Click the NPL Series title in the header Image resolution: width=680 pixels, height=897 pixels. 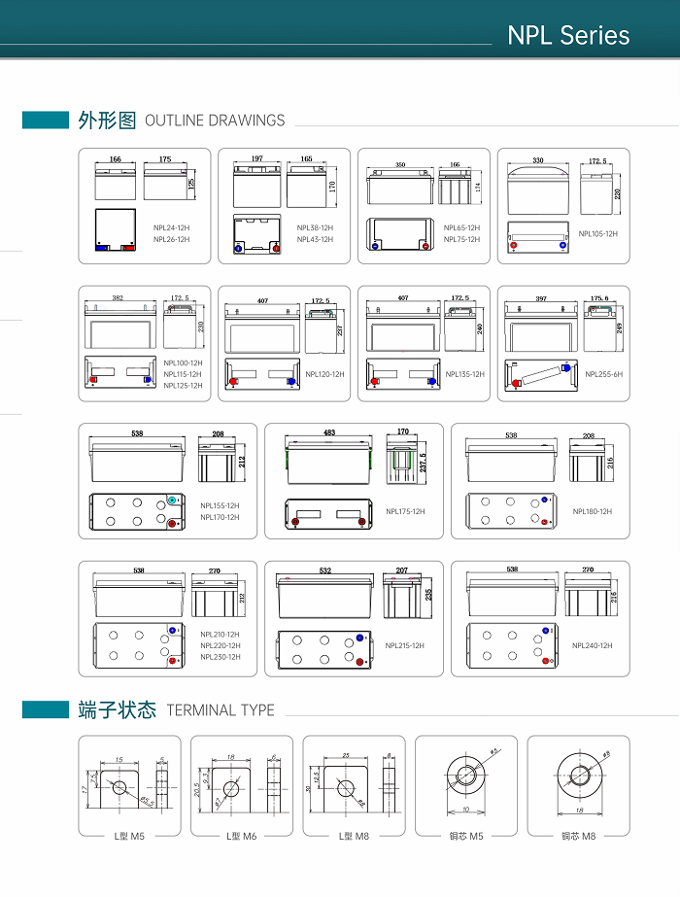(x=568, y=36)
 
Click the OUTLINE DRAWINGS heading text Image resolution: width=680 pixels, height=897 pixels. (x=215, y=121)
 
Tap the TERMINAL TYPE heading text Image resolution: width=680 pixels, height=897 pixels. (x=221, y=710)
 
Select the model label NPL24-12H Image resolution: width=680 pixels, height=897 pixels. (x=172, y=227)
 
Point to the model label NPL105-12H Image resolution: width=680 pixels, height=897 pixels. (x=597, y=233)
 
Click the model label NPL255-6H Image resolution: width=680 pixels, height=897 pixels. (x=603, y=374)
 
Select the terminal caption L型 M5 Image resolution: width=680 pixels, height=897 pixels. (x=129, y=836)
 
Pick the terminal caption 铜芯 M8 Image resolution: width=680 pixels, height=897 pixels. (x=578, y=836)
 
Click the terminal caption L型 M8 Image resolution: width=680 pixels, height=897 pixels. (x=354, y=836)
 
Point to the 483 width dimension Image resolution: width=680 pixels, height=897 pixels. (x=329, y=431)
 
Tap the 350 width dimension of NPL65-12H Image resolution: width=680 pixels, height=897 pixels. (x=400, y=165)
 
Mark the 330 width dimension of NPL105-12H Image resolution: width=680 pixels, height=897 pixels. (x=537, y=159)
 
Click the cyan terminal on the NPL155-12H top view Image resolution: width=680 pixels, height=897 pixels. (x=172, y=500)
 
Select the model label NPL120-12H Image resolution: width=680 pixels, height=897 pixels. (x=324, y=374)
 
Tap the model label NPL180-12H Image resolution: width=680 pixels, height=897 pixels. (x=592, y=511)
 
